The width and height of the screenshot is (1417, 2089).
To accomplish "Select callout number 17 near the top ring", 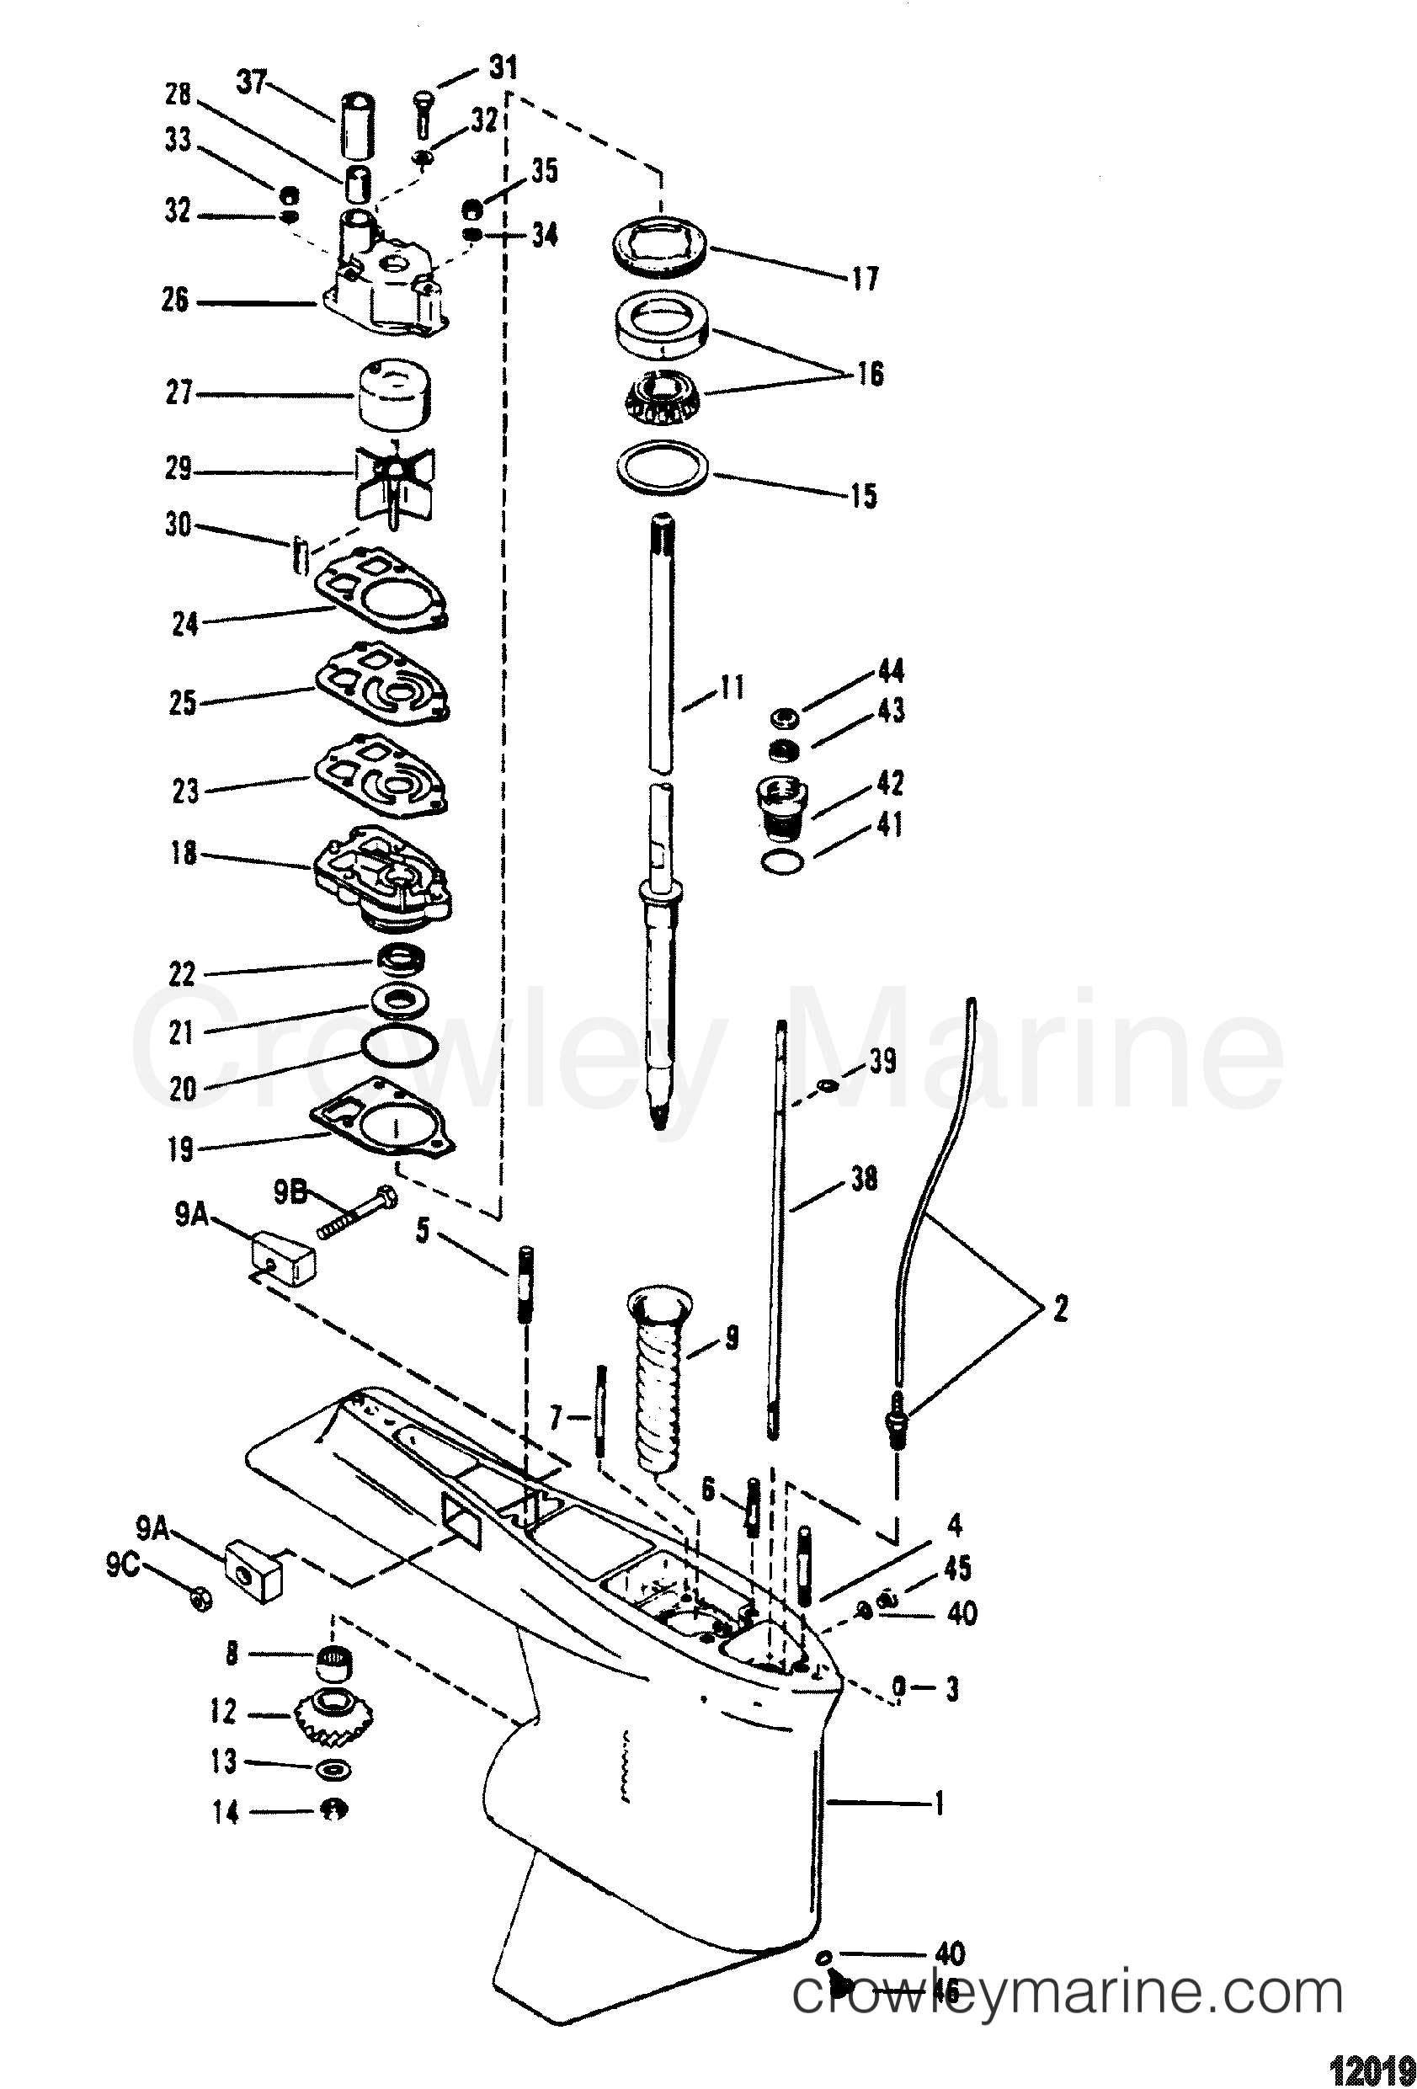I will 864,279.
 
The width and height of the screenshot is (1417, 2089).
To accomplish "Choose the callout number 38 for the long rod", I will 864,1180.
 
